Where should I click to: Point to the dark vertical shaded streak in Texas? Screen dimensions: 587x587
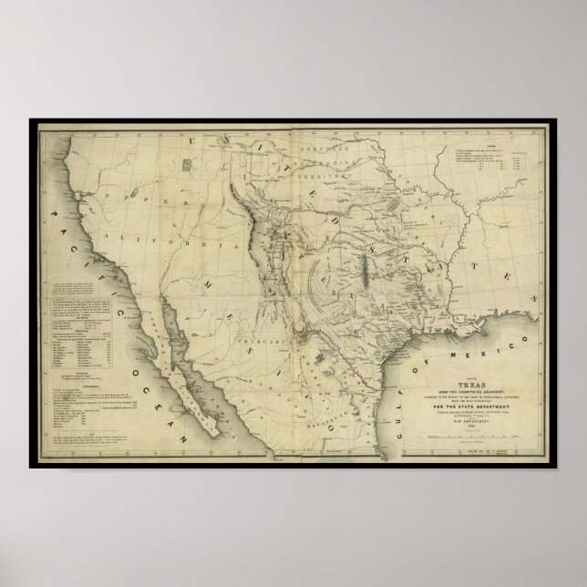click(x=363, y=273)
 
